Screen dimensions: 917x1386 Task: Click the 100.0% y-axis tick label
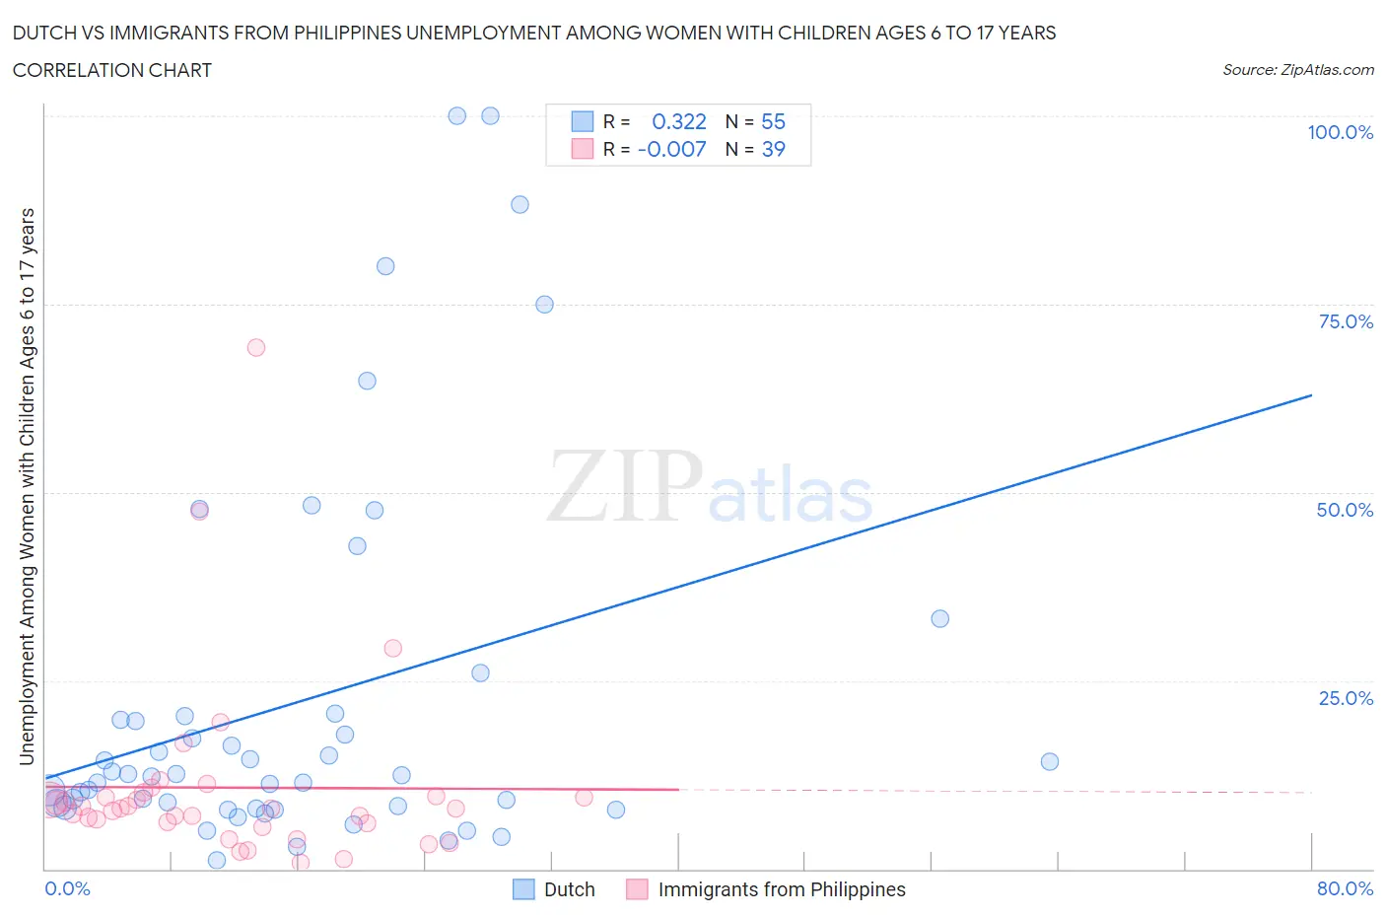(1340, 132)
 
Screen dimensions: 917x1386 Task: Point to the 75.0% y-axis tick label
(1346, 321)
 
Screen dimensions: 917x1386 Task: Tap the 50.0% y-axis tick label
(1345, 510)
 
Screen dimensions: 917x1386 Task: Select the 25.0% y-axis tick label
(1346, 698)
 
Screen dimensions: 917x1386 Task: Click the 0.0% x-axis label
(67, 888)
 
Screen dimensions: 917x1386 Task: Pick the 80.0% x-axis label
(1345, 888)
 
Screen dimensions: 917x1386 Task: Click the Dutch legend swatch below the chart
(523, 889)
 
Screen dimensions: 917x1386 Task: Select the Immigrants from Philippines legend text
(781, 889)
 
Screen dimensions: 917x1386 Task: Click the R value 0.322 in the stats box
(679, 121)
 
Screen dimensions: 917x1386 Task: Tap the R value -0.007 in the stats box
(671, 149)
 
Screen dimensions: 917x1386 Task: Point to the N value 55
(773, 121)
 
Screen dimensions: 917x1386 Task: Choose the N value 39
(773, 149)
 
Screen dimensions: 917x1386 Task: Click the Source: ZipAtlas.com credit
(1297, 70)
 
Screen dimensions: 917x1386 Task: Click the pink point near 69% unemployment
(256, 347)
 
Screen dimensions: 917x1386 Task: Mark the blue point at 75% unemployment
(544, 305)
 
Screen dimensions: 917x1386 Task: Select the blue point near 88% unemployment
(520, 204)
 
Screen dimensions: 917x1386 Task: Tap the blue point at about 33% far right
(939, 618)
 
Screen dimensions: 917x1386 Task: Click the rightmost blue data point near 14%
(1050, 761)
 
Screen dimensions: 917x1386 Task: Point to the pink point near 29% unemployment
(392, 648)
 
